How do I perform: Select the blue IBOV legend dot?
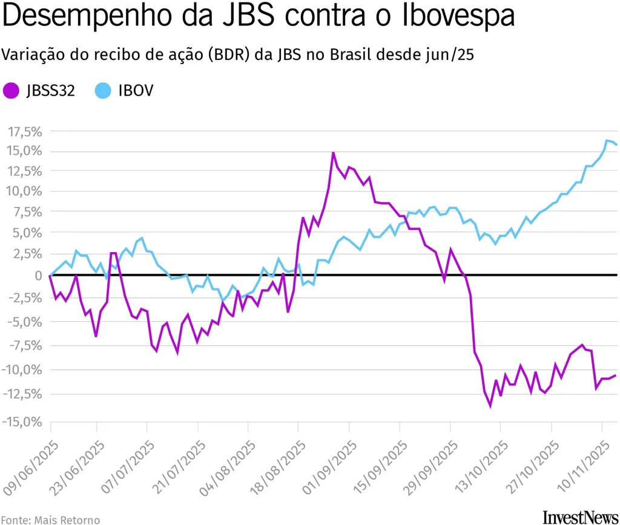pyautogui.click(x=104, y=91)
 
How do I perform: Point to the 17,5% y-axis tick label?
pyautogui.click(x=25, y=131)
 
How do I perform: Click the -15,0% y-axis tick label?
pyautogui.click(x=25, y=422)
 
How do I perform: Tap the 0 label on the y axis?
pyautogui.click(x=38, y=275)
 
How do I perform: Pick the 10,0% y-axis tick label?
pyautogui.click(x=25, y=192)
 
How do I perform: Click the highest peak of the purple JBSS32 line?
pyautogui.click(x=333, y=152)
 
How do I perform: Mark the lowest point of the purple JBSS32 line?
pyautogui.click(x=490, y=406)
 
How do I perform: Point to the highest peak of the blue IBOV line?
pyautogui.click(x=607, y=140)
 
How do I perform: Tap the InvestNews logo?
pyautogui.click(x=579, y=516)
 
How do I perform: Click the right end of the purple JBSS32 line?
pyautogui.click(x=615, y=375)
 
